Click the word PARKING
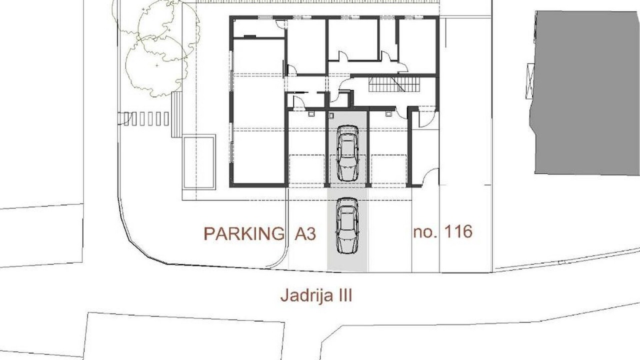tap(244, 233)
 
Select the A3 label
tap(305, 233)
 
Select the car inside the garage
tap(347, 153)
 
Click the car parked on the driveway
tap(347, 225)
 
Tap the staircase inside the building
tap(394, 84)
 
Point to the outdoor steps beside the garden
tap(176, 114)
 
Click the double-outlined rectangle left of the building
tap(199, 162)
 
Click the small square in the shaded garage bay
tap(331, 115)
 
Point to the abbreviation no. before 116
tap(425, 232)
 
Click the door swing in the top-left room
tap(281, 24)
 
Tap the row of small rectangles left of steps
tap(146, 119)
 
